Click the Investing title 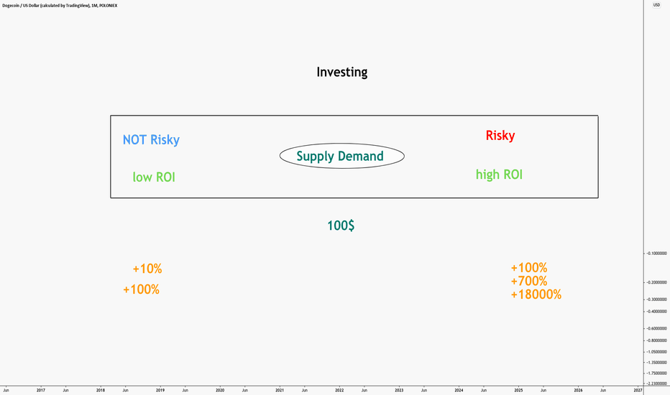click(x=342, y=72)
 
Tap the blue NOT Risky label click(x=151, y=139)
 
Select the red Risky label click(x=500, y=135)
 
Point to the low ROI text click(x=154, y=177)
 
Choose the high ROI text click(x=499, y=175)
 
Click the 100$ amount click(x=341, y=226)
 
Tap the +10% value click(x=147, y=269)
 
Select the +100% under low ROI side click(x=142, y=289)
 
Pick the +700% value click(x=529, y=281)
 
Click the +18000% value click(x=536, y=294)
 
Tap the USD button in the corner click(x=656, y=5)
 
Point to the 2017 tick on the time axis click(x=40, y=390)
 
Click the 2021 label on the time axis click(x=280, y=390)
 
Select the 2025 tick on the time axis click(x=518, y=390)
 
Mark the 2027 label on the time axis click(x=638, y=390)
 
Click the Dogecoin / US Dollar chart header click(x=60, y=6)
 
